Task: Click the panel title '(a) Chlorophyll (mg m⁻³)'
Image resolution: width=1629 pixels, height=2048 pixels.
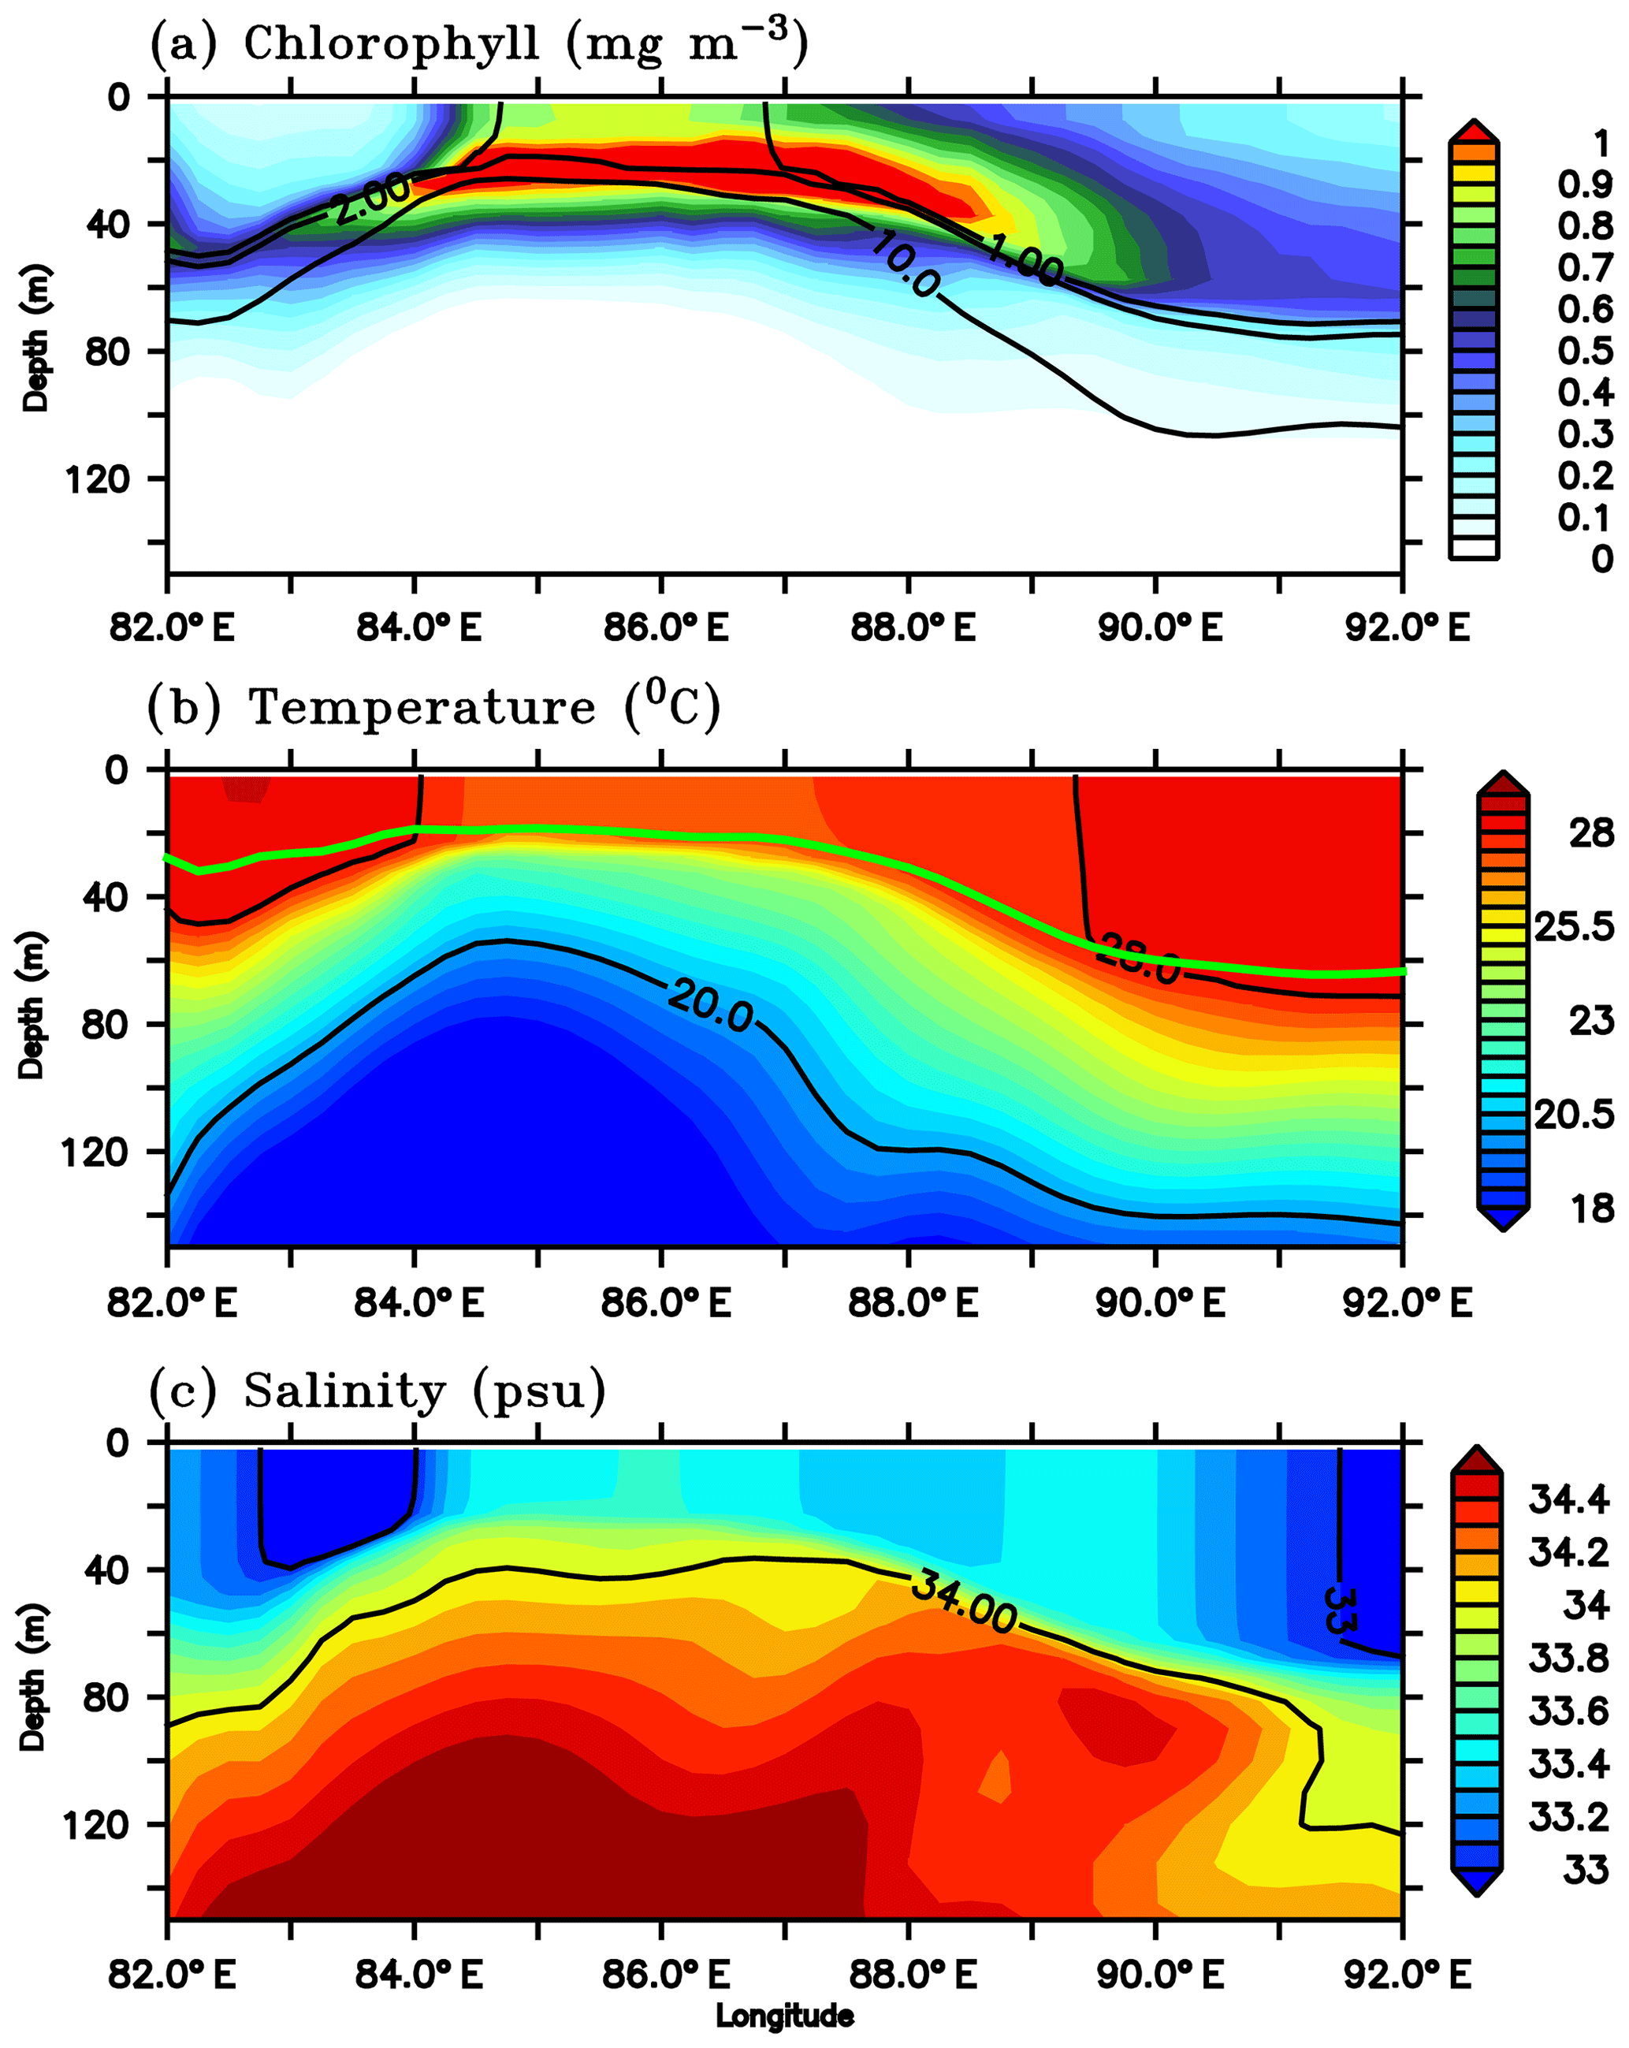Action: pyautogui.click(x=478, y=43)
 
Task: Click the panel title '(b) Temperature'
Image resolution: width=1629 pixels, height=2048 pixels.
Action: pyautogui.click(x=434, y=707)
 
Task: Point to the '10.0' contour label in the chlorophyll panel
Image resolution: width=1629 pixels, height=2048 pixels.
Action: pyautogui.click(x=903, y=264)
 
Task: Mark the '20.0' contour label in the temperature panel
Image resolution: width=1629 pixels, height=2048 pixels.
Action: pyautogui.click(x=711, y=1005)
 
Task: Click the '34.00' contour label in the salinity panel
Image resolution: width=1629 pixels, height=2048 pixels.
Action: pyautogui.click(x=963, y=1603)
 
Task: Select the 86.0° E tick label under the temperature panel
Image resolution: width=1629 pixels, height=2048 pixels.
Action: pyautogui.click(x=666, y=1301)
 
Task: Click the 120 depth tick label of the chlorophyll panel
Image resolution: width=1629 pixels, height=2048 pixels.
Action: pyautogui.click(x=96, y=478)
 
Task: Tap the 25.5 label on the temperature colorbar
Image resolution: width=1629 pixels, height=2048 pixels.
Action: pyautogui.click(x=1574, y=926)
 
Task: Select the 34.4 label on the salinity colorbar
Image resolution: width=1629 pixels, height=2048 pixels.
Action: pyautogui.click(x=1568, y=1500)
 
